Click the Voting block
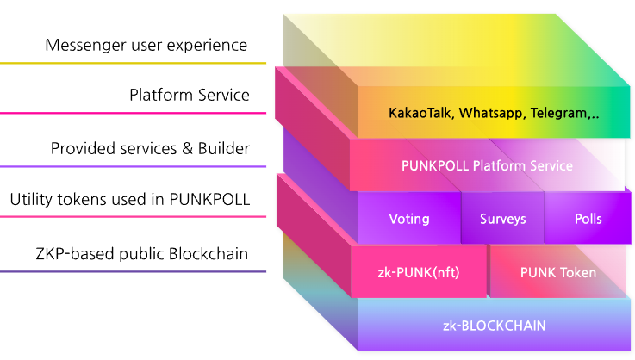409,218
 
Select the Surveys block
502,218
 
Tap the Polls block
588,218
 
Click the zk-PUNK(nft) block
419,271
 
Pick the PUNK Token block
558,271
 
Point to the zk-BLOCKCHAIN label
494,326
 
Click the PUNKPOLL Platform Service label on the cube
487,165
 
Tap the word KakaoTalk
420,113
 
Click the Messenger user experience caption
146,46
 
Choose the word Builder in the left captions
223,149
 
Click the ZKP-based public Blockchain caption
142,253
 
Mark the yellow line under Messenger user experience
133,63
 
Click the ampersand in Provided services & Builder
187,149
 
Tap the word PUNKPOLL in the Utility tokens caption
209,199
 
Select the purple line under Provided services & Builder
133,166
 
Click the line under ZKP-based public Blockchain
133,271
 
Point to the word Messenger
86,46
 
